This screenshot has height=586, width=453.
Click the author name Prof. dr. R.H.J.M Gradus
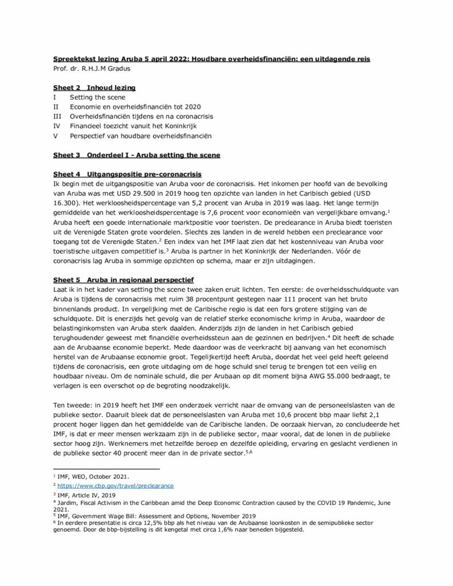tap(92, 68)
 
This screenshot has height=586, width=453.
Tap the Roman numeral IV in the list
tap(56, 126)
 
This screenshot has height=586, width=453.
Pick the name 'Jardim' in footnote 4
tap(66, 502)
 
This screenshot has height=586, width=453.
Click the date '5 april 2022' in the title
tap(145, 58)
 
